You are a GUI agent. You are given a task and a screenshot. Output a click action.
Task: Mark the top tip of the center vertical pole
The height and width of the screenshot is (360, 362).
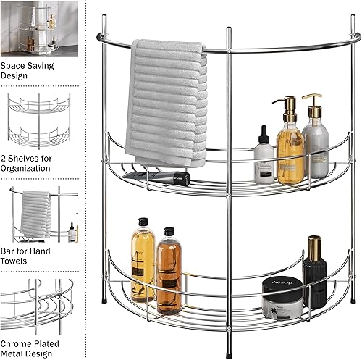click(229, 30)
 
